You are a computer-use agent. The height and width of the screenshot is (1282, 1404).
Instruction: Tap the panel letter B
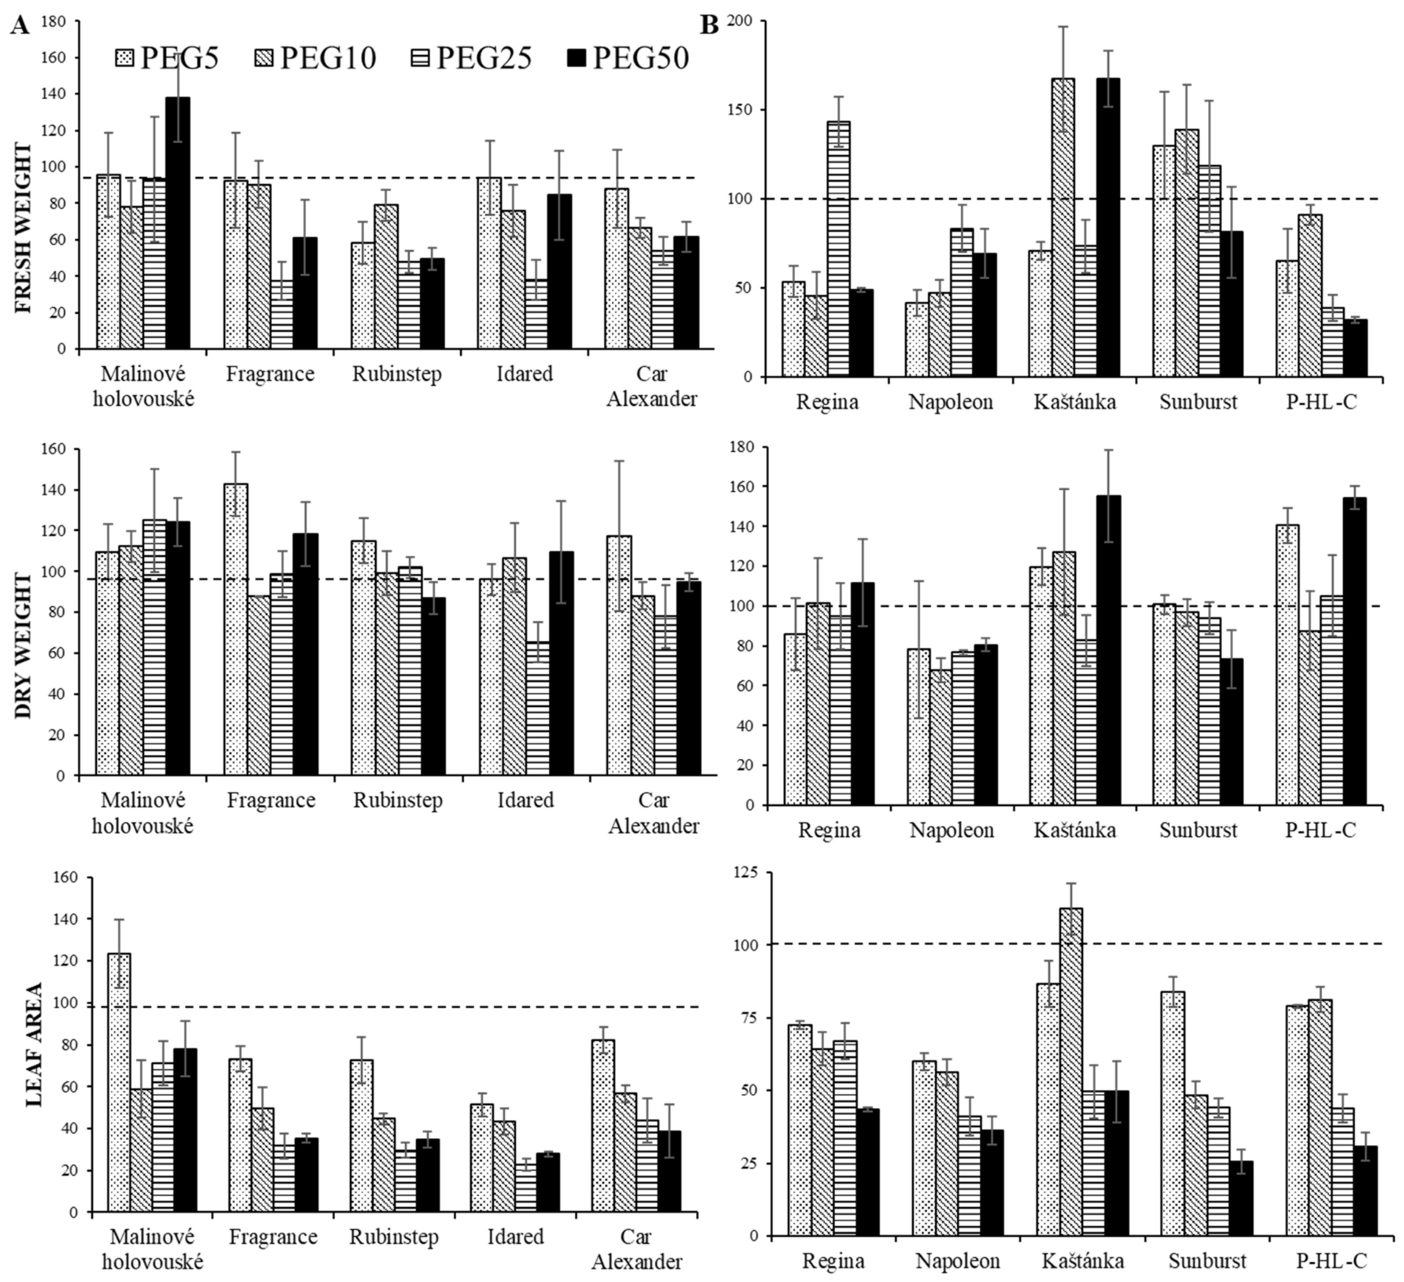coord(709,26)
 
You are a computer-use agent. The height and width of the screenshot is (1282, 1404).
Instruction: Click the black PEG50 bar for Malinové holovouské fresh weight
coord(177,223)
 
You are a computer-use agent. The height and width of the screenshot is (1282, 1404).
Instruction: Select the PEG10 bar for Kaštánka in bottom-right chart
coord(1071,1072)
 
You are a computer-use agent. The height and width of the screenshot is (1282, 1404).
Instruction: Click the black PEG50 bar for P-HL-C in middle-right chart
coord(1355,651)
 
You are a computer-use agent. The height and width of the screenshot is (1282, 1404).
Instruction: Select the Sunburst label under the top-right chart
coord(1198,402)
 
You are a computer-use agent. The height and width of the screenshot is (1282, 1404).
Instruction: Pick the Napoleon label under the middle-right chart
coord(951,830)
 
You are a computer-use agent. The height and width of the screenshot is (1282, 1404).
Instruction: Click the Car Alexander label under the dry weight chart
coord(653,813)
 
